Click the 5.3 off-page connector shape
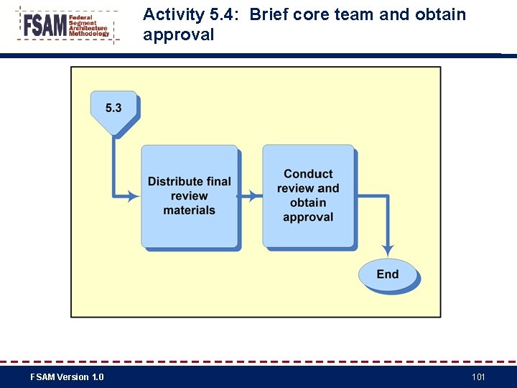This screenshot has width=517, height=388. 113,111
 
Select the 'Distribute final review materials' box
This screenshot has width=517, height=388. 189,195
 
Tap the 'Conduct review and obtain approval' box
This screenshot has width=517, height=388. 308,195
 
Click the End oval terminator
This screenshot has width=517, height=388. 387,274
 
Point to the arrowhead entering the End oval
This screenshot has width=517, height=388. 388,251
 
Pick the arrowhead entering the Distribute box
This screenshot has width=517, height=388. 134,195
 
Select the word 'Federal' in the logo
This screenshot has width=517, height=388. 81,17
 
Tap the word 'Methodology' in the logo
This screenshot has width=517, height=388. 89,34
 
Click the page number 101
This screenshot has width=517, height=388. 479,377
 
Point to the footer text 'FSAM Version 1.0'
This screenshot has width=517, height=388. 67,377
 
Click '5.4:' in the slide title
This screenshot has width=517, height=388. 228,14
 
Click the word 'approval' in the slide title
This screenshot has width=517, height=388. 178,34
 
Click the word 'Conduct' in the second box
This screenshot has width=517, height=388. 308,173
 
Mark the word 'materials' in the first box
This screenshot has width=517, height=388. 189,210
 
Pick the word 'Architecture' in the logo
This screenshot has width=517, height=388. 88,28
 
